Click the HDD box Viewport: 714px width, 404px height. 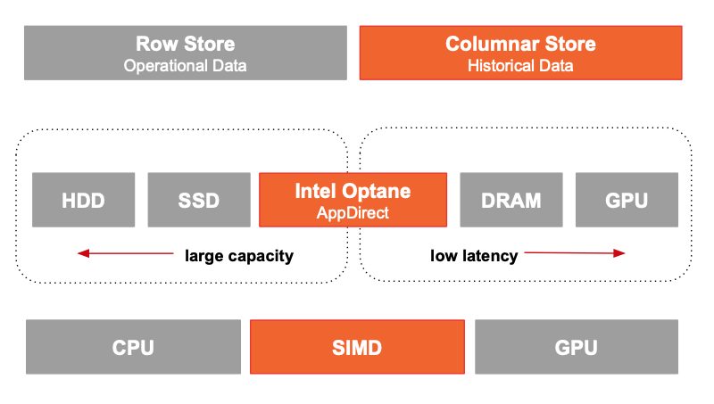click(83, 200)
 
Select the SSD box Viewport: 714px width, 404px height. click(199, 200)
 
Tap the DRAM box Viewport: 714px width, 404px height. click(511, 200)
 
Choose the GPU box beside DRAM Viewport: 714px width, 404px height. click(627, 200)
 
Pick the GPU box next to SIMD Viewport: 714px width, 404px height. click(577, 347)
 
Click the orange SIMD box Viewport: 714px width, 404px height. click(358, 347)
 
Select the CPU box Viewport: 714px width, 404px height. click(133, 347)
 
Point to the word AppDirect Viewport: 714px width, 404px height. click(353, 213)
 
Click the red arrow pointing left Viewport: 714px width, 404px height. click(126, 253)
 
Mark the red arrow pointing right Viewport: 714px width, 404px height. click(575, 253)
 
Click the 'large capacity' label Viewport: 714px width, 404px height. click(239, 256)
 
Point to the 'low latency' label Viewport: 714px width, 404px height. click(474, 256)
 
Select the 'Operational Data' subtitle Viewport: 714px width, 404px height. click(186, 66)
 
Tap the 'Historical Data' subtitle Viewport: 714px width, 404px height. click(520, 66)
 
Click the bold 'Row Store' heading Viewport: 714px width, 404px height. click(186, 44)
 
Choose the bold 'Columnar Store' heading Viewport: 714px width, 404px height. click(520, 44)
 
